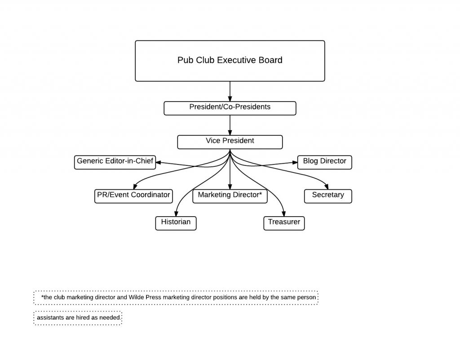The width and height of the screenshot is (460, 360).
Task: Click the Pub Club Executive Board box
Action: coord(230,61)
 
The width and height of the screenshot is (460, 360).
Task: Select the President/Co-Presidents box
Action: coord(230,108)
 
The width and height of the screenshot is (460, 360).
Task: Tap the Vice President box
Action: coord(230,142)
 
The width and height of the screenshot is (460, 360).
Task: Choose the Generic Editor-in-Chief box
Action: coord(115,162)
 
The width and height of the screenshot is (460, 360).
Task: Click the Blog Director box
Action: coord(324,162)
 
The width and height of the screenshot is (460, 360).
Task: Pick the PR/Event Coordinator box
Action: coord(133,196)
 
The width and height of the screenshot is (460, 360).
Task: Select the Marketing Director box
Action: coord(230,196)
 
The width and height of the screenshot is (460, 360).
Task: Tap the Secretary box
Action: coord(328,196)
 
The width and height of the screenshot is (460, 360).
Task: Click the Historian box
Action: coord(176,223)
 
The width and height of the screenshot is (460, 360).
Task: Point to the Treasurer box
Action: coord(284,223)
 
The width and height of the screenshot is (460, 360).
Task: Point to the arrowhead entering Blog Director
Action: coord(294,163)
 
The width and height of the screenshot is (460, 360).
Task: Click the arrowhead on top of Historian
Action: coord(176,214)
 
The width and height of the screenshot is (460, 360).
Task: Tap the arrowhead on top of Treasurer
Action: coord(284,214)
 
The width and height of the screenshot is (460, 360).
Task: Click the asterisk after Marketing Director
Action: coord(260,195)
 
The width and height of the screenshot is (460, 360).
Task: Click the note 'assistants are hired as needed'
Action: coord(78,318)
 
